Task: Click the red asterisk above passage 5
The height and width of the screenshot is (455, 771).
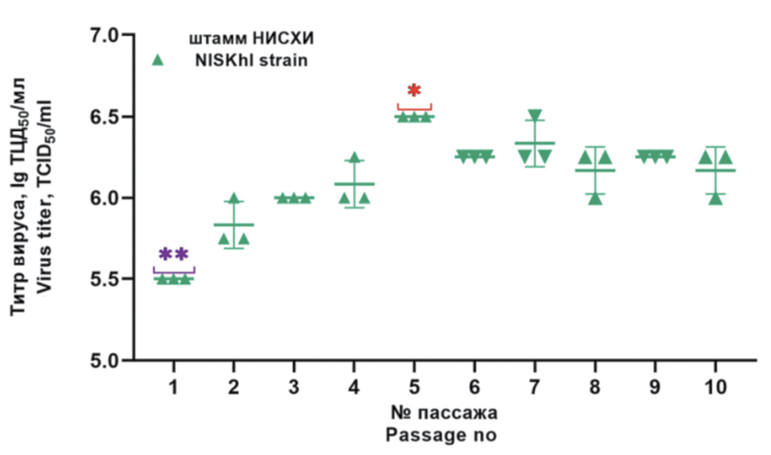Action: (414, 90)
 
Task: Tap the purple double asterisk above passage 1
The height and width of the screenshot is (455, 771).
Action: (174, 254)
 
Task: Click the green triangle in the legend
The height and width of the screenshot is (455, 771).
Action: (158, 60)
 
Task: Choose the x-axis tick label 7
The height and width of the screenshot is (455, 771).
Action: (535, 386)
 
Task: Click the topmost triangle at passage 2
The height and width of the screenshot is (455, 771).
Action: (234, 198)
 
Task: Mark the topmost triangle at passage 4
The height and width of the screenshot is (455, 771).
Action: (355, 157)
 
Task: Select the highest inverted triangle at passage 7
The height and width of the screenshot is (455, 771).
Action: (535, 115)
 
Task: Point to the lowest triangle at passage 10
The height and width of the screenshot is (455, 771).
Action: (716, 199)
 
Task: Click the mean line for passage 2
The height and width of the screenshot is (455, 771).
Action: (234, 225)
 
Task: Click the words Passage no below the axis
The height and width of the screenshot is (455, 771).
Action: (441, 435)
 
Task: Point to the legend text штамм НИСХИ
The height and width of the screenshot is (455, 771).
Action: (251, 39)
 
